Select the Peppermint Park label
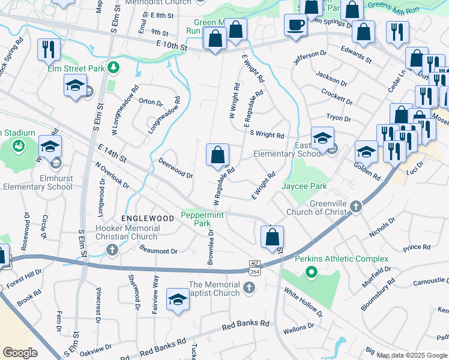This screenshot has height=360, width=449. click(x=203, y=219)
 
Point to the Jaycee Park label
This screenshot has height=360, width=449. click(x=304, y=187)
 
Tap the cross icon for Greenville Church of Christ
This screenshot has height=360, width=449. click(x=356, y=207)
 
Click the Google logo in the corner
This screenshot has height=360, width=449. click(x=20, y=353)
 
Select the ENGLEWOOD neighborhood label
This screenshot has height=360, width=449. click(x=147, y=218)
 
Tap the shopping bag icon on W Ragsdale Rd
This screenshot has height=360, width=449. click(x=217, y=155)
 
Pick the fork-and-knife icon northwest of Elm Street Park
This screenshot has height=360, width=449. click(x=48, y=49)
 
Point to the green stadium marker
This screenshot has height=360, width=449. click(x=18, y=145)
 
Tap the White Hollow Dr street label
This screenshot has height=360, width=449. click(x=303, y=302)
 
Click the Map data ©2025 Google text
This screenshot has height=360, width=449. click(x=412, y=355)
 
